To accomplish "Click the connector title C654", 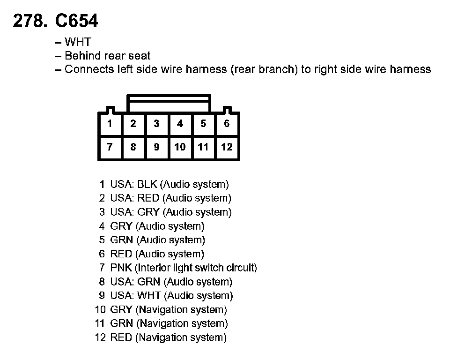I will click(77, 21).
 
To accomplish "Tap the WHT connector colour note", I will click(78, 42).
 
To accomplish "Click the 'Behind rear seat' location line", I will click(107, 56).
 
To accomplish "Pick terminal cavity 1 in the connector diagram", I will click(110, 124).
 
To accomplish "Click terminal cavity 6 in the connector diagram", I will click(227, 124).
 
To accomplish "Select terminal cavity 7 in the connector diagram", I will click(110, 147).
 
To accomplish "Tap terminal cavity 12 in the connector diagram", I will click(227, 147).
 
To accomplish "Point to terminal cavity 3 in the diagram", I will click(156, 124).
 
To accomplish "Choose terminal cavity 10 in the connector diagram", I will click(180, 147).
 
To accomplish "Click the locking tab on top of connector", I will click(169, 103).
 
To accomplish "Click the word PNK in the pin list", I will click(121, 268).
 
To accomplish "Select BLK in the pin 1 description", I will click(147, 184).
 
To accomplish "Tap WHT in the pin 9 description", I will click(149, 296).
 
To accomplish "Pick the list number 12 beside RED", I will click(101, 337).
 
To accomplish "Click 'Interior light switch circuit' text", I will click(196, 268).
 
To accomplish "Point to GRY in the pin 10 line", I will click(121, 310).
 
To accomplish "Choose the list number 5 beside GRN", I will click(102, 240).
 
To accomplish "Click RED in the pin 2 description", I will click(148, 198).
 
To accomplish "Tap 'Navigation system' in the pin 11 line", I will click(182, 323).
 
